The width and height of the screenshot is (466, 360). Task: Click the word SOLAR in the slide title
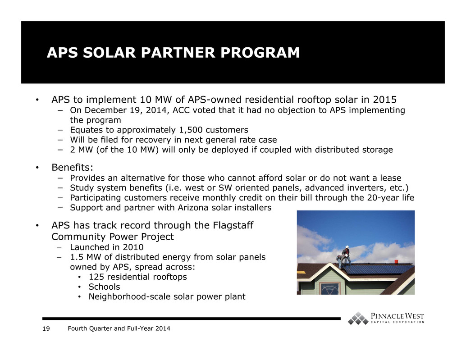coord(109,53)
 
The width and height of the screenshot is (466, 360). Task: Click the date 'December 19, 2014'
coord(126,110)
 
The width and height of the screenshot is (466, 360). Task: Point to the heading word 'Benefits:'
coord(72,168)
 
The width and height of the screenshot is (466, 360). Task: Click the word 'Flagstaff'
coord(233,225)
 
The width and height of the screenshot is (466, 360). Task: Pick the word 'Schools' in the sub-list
coord(104,287)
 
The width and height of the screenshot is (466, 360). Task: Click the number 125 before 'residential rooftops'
coord(96,277)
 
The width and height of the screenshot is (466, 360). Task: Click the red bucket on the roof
coord(396,261)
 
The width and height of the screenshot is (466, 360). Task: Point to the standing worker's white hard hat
coord(347,247)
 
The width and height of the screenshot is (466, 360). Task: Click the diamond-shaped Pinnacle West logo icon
coord(358,319)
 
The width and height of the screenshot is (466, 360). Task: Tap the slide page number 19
coord(46,328)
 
